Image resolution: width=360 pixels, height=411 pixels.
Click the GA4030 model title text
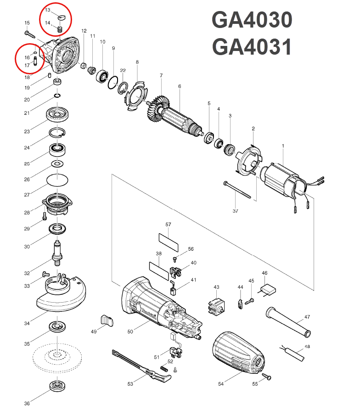(x=252, y=21)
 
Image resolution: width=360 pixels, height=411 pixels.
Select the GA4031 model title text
(x=252, y=47)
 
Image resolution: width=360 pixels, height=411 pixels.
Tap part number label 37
(x=235, y=211)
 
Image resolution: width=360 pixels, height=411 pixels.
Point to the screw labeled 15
(x=31, y=34)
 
